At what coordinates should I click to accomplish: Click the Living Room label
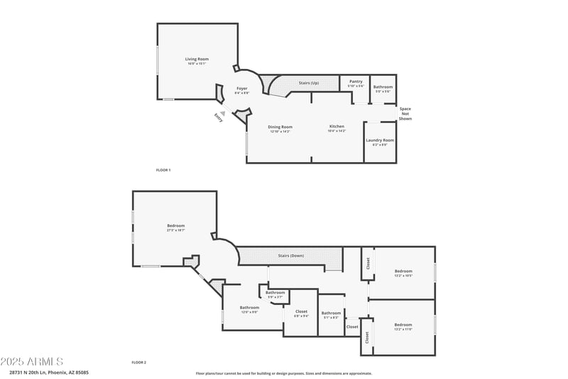click(x=197, y=59)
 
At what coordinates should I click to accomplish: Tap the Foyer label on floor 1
click(x=242, y=88)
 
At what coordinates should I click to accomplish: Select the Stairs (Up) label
click(x=308, y=82)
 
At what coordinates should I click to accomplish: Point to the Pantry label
click(x=356, y=82)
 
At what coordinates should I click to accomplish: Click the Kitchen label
click(x=337, y=127)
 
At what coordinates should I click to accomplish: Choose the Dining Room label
click(x=280, y=127)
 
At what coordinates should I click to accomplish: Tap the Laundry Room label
click(x=380, y=140)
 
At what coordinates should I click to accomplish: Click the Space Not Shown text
click(x=405, y=114)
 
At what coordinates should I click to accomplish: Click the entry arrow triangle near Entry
click(x=223, y=113)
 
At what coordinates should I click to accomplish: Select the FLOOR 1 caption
click(x=163, y=170)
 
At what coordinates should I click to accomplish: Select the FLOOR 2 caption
click(x=138, y=363)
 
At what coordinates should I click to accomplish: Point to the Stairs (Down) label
click(x=291, y=255)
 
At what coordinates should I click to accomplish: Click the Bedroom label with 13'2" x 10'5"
click(x=403, y=271)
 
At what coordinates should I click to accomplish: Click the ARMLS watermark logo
click(x=32, y=362)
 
